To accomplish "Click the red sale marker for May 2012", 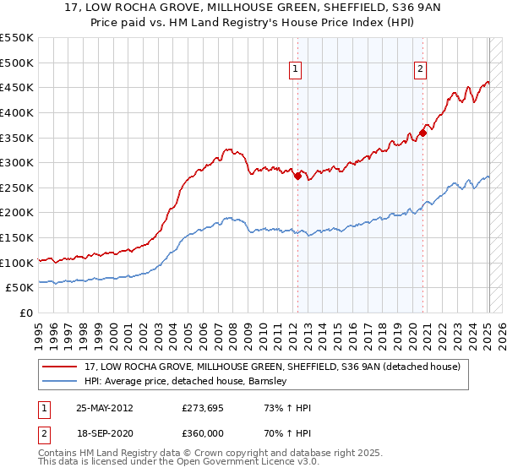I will (297, 176).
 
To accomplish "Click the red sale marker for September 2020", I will (422, 132).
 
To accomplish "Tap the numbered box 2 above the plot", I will (420, 70).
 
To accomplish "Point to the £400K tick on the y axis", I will (18, 112).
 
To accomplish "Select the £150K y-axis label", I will (18, 237).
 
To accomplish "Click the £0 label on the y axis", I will (26, 313).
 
